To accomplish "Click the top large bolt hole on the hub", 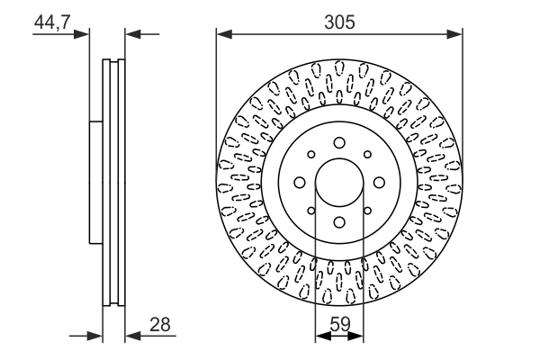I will tap(339, 143).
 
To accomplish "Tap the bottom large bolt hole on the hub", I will tap(339, 222).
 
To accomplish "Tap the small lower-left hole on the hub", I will tap(311, 211).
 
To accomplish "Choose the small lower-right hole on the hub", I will tap(367, 211).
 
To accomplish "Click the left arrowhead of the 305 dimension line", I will tap(222, 35).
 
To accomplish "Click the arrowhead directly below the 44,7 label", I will tap(84, 35).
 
